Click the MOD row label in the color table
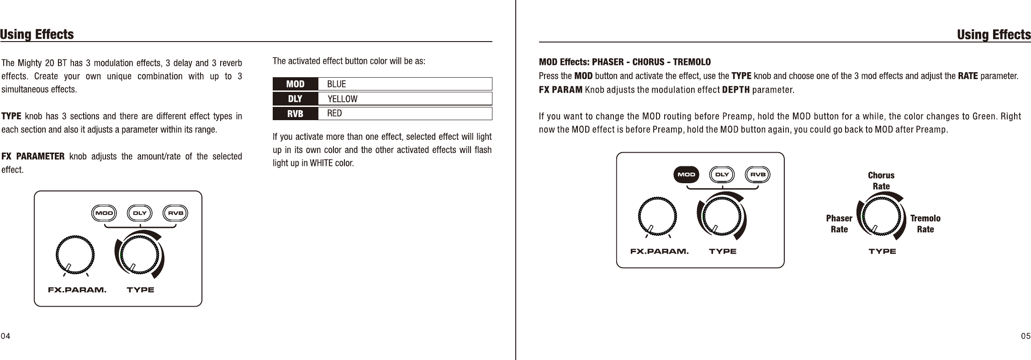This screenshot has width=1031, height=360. coord(295,84)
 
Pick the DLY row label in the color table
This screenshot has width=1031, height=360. coord(295,99)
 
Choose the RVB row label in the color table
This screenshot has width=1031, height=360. coord(295,113)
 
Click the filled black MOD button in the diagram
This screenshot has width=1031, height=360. coord(686,175)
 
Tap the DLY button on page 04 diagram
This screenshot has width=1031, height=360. coord(140,213)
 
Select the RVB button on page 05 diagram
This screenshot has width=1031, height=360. coord(758,175)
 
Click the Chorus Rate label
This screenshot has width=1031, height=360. coord(881,181)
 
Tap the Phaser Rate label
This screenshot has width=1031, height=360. coord(839,224)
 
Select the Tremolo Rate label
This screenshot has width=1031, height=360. coord(925,224)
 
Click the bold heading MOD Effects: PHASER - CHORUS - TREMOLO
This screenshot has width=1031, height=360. coord(625,62)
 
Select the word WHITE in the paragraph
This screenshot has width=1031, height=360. coord(321,164)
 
